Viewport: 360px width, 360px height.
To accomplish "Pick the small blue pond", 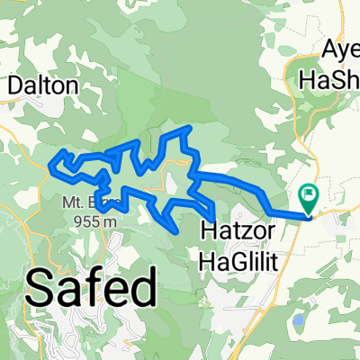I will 299,319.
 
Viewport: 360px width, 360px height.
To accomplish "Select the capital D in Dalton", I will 15,85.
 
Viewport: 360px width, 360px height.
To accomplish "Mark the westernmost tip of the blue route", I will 49,164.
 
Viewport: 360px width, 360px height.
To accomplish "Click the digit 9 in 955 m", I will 80,218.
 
